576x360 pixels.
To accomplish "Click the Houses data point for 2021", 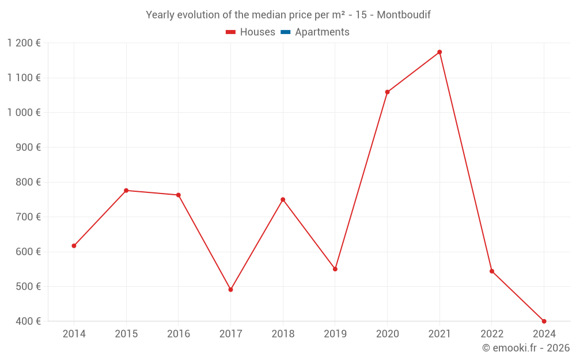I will (x=439, y=52).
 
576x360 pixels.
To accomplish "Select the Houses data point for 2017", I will (x=230, y=290).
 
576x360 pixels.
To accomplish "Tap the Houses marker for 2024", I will (x=544, y=321).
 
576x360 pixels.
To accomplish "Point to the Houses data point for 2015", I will (x=126, y=191).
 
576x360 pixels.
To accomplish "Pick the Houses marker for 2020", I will (x=387, y=92).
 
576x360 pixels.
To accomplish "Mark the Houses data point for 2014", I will (x=74, y=246).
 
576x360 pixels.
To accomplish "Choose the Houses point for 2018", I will (x=283, y=200).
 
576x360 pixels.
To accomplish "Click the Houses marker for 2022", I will (x=492, y=271).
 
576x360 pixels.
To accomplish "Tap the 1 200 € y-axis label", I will (x=24, y=43).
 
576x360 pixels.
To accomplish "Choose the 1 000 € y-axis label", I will (x=24, y=113).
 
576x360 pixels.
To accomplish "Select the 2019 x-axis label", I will (x=335, y=334).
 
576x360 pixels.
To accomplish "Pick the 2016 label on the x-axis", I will (x=179, y=334).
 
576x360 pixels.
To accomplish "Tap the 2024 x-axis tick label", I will (x=544, y=334).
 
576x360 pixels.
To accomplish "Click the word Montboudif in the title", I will (x=404, y=15).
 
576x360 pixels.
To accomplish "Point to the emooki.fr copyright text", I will (x=526, y=348).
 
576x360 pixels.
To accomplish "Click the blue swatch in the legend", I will (x=285, y=32).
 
